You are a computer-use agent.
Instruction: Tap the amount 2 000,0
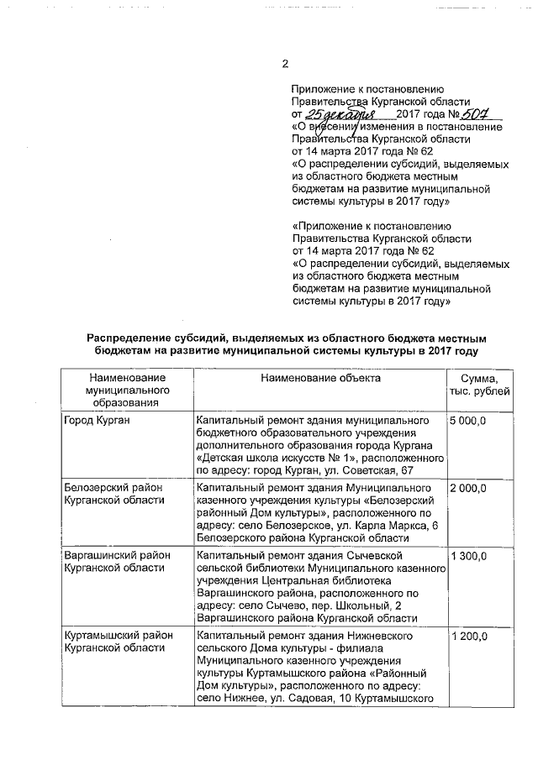(468, 487)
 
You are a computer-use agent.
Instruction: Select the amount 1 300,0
(468, 556)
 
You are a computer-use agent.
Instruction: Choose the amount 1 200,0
(468, 637)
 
